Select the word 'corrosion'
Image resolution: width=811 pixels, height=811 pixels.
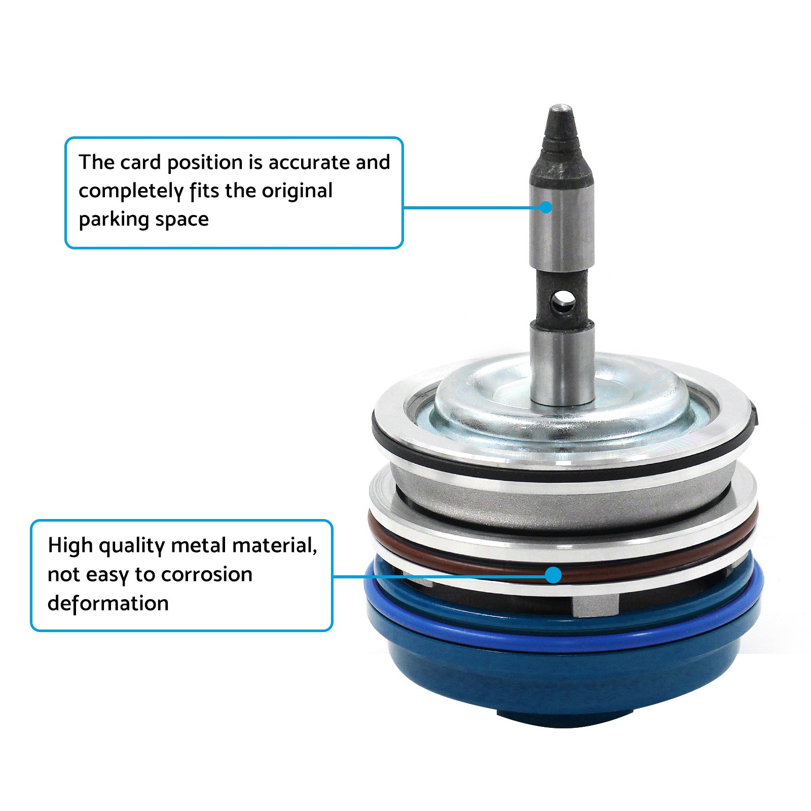[206, 575]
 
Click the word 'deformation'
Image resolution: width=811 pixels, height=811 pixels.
[108, 604]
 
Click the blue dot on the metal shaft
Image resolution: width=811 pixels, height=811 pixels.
[545, 207]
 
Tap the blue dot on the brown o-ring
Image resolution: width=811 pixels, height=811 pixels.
[554, 575]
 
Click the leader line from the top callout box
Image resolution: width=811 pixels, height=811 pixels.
[471, 207]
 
